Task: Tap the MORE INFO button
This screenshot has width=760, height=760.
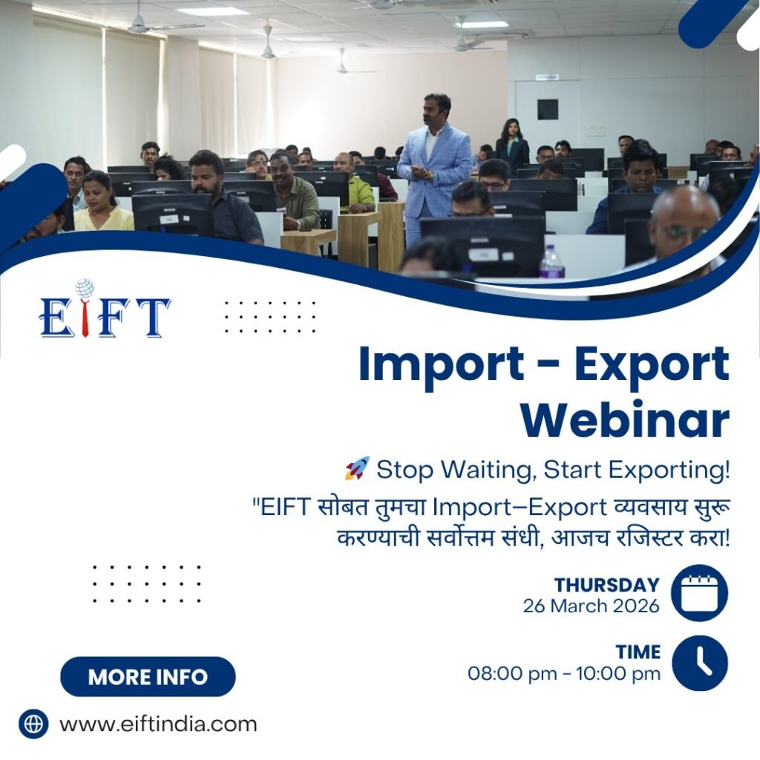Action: click(148, 677)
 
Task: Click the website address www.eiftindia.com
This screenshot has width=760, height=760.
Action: click(158, 724)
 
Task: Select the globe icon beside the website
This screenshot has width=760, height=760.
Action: click(33, 724)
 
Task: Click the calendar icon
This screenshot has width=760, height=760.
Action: click(699, 593)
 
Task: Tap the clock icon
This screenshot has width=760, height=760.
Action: click(699, 663)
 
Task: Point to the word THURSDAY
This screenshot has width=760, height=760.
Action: click(607, 585)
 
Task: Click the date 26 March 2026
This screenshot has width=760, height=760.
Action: click(591, 606)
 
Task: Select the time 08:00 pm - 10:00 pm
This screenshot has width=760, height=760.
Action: click(564, 674)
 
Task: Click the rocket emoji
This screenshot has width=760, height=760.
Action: click(356, 468)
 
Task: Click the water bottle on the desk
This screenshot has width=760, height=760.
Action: click(551, 262)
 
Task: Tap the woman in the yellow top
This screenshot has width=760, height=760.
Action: click(101, 203)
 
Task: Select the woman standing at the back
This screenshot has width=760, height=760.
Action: click(511, 145)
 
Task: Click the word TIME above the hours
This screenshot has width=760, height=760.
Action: click(638, 652)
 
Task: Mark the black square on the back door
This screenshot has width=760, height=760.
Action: click(548, 109)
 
